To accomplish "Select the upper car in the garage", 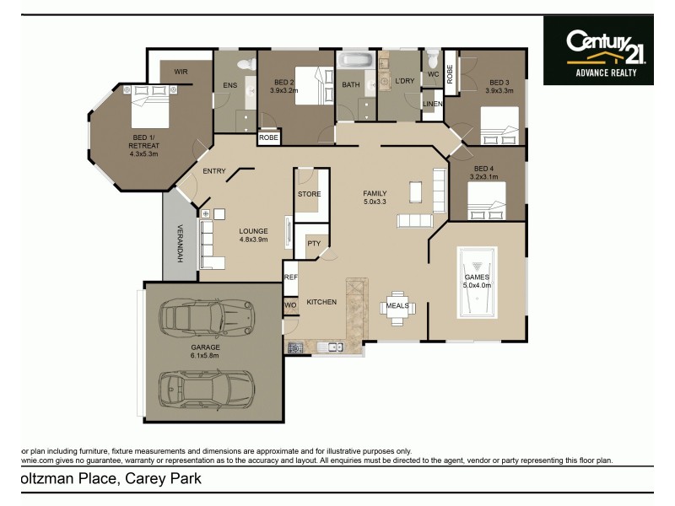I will pos(206,315).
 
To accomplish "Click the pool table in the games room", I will pos(477,283).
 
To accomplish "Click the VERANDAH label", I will pos(179,242).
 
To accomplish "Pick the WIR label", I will pos(181,73).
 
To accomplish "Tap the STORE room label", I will pos(309,194).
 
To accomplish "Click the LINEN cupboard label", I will pos(432,105).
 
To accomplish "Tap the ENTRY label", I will pos(214,171).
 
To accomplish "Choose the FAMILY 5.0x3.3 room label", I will pos(374,197).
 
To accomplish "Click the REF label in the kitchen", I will pos(290,277).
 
